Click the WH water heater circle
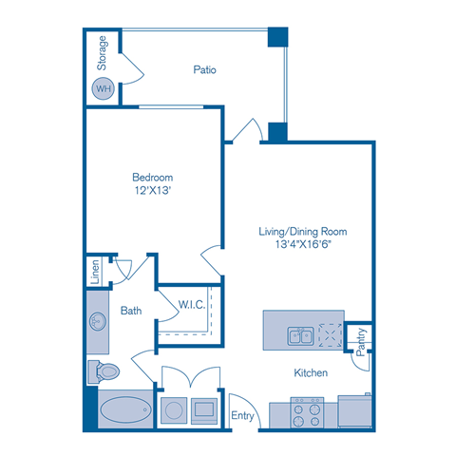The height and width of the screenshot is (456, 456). [102, 88]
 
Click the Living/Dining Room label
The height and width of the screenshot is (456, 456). [303, 231]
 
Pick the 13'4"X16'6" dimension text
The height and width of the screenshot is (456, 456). [303, 244]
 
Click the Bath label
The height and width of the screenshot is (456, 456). [131, 310]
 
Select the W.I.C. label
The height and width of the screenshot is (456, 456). [192, 304]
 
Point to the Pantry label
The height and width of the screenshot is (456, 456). [361, 340]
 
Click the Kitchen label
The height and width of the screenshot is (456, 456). [310, 373]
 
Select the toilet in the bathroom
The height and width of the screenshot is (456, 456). [104, 370]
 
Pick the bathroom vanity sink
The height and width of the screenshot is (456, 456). [98, 320]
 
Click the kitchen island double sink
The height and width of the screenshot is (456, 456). [301, 335]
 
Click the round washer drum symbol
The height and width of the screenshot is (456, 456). [175, 410]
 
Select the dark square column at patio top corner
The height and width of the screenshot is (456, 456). [276, 38]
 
